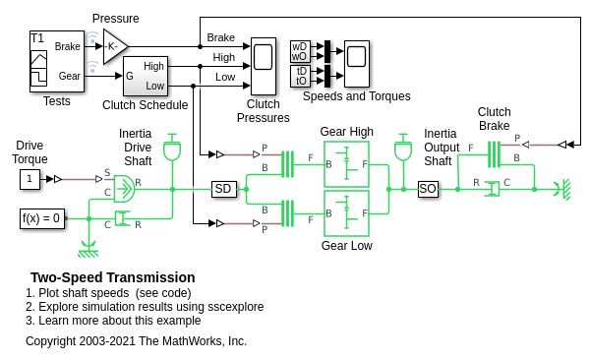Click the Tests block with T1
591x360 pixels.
pyautogui.click(x=56, y=61)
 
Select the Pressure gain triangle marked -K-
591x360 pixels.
pyautogui.click(x=114, y=46)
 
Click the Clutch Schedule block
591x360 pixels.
pyautogui.click(x=146, y=76)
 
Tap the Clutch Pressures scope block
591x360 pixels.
pyautogui.click(x=264, y=66)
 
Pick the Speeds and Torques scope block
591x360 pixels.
pyautogui.click(x=356, y=64)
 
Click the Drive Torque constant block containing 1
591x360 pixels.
pyautogui.click(x=30, y=179)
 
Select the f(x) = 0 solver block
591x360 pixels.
pyautogui.click(x=42, y=218)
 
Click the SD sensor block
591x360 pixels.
pyautogui.click(x=224, y=189)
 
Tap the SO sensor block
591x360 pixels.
pyautogui.click(x=428, y=189)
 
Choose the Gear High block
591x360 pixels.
pyautogui.click(x=346, y=164)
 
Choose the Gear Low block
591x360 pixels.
pyautogui.click(x=346, y=213)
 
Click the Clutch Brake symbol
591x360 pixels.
pyautogui.click(x=494, y=154)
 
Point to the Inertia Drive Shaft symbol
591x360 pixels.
pyautogui.click(x=172, y=148)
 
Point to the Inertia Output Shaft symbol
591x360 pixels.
pyautogui.click(x=403, y=148)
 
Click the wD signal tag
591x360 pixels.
pyautogui.click(x=300, y=47)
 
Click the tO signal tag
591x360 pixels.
pyautogui.click(x=300, y=81)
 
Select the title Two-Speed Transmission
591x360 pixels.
pyautogui.click(x=113, y=277)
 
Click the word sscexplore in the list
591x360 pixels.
pyautogui.click(x=236, y=307)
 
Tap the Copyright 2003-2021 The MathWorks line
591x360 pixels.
pyautogui.click(x=136, y=341)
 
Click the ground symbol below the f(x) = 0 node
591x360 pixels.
pyautogui.click(x=89, y=250)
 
